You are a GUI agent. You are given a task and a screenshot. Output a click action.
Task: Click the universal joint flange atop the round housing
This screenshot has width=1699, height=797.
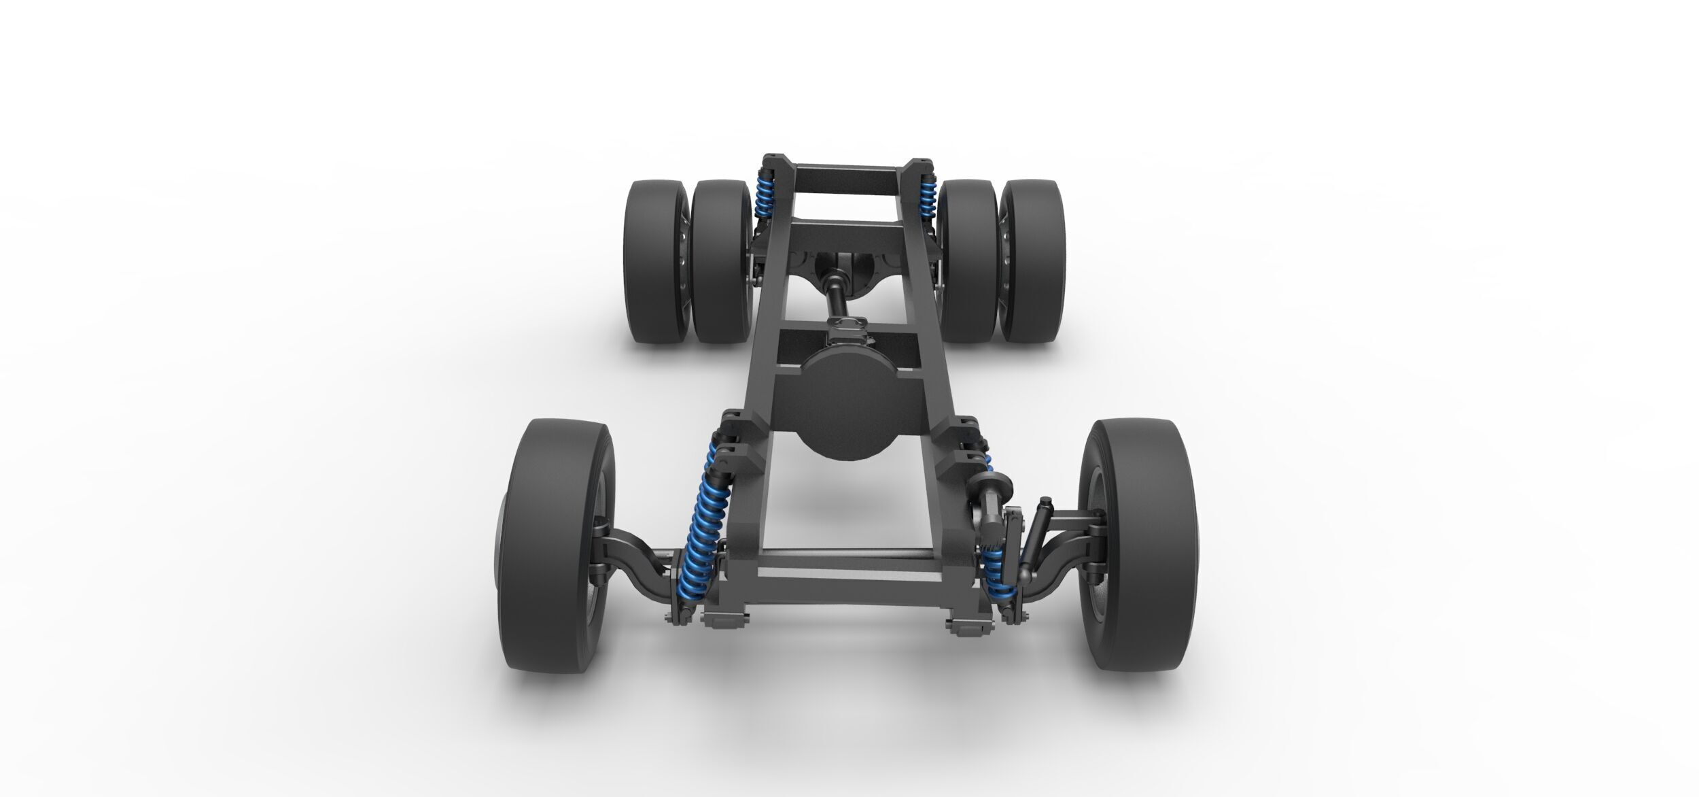tap(846, 334)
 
